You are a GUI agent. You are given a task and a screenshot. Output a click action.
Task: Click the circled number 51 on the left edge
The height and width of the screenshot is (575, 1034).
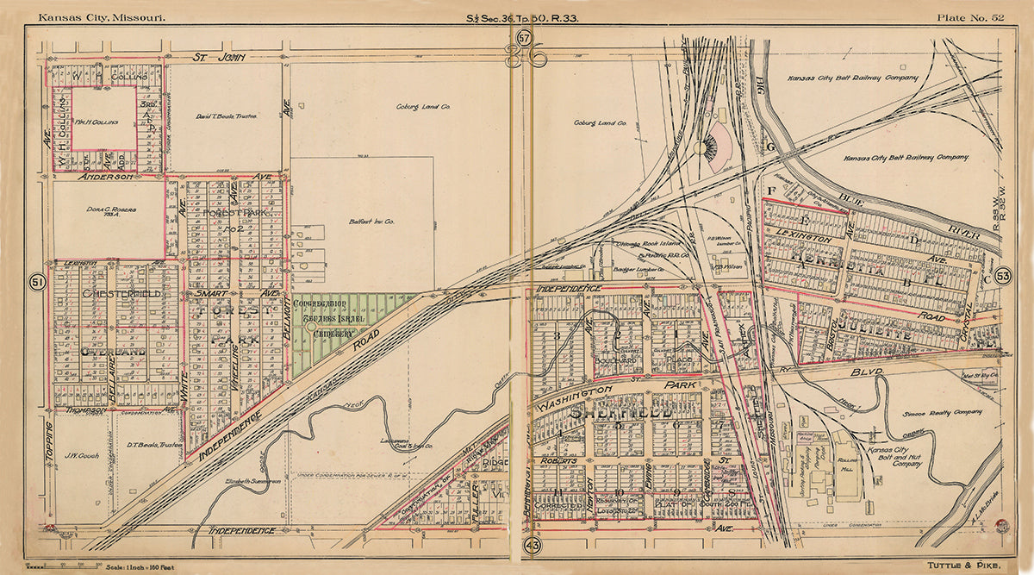click(x=37, y=282)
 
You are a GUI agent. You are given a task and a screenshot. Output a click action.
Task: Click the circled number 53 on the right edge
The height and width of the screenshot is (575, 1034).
click(x=1002, y=276)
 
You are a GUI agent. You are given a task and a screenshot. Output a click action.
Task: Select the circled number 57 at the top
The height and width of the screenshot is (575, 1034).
click(x=526, y=36)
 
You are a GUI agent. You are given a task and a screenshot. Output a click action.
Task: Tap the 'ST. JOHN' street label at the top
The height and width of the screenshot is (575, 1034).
click(x=219, y=58)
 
